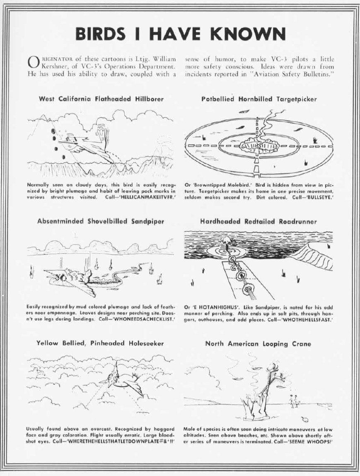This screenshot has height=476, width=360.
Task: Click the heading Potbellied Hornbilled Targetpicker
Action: coord(259,99)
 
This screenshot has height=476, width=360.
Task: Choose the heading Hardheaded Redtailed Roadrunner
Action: coord(259,221)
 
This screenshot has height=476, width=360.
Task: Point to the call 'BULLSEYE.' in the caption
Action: coord(321,198)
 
